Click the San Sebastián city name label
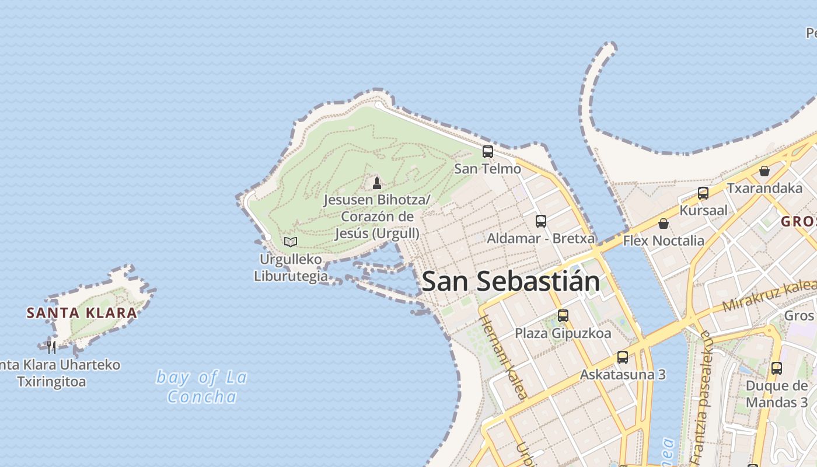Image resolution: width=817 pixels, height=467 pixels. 511,281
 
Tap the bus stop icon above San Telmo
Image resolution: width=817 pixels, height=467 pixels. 488,152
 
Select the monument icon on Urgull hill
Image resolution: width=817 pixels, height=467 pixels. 377,183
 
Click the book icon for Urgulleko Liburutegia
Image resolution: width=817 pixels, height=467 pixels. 291,242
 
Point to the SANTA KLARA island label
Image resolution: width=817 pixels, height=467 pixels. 82,313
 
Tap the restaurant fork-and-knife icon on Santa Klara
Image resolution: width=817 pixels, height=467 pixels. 52,347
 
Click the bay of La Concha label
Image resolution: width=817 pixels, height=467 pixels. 202,386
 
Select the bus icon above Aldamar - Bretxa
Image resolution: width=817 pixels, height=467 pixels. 541,221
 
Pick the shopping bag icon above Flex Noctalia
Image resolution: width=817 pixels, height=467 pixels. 664,224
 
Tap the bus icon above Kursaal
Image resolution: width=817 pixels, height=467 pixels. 703,193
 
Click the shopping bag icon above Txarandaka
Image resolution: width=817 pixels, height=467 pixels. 764,171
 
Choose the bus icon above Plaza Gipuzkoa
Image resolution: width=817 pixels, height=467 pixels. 563,316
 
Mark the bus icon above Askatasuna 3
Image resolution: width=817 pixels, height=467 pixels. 623,357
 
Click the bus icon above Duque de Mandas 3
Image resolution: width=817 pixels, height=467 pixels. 777,368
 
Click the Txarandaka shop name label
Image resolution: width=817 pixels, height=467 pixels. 764,188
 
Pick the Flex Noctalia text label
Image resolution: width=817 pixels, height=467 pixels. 664,241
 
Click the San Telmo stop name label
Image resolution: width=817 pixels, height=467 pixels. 488,169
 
